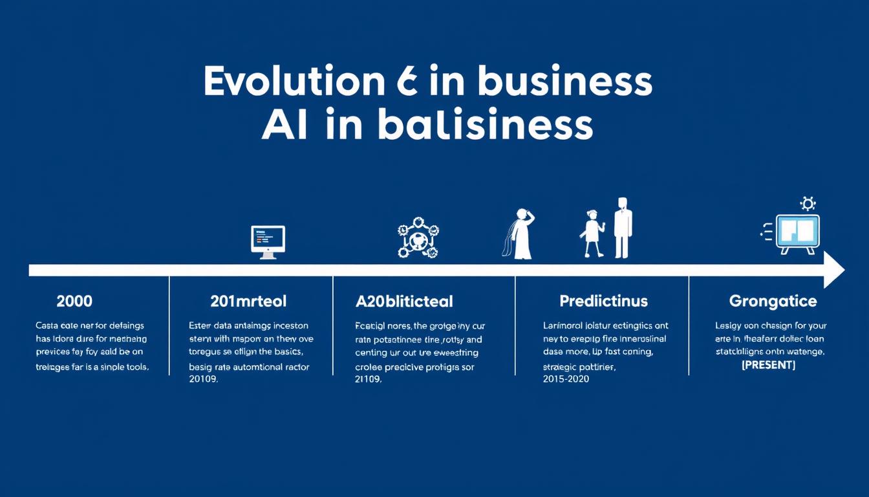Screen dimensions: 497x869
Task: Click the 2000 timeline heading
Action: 74,301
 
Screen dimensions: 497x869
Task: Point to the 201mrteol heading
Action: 248,301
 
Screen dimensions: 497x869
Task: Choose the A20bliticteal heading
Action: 404,301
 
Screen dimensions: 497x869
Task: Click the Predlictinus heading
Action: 603,301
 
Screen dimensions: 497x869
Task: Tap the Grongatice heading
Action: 773,301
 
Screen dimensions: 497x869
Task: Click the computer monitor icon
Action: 268,242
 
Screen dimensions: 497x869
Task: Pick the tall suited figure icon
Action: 621,228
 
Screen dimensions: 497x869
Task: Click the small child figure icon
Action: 593,233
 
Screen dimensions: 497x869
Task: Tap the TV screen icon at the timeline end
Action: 797,233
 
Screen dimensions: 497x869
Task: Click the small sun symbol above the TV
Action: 808,204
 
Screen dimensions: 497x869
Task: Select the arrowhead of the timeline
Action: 834,270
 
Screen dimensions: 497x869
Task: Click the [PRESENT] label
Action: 768,366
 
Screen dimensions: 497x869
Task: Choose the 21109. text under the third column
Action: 369,380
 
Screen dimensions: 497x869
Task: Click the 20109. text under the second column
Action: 203,380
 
